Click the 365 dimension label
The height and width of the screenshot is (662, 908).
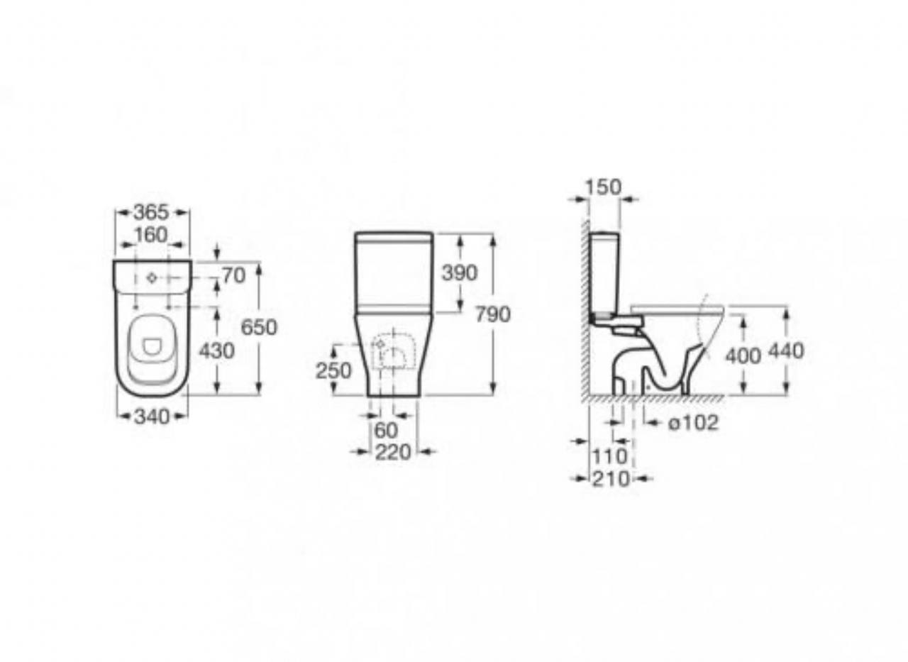(x=151, y=212)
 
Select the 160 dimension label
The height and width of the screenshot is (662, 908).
(x=151, y=235)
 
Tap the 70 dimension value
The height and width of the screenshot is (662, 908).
(x=234, y=276)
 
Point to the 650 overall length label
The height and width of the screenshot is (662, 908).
(x=259, y=327)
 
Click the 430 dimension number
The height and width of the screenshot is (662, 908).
(x=216, y=351)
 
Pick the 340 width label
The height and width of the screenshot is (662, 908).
(x=152, y=416)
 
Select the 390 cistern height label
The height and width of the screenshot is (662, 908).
(x=460, y=273)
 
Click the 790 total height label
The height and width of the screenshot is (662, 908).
(x=492, y=314)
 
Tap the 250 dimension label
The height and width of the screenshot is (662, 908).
(x=333, y=371)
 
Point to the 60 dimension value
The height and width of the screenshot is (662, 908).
(x=387, y=431)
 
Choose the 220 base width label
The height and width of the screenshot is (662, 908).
(x=393, y=453)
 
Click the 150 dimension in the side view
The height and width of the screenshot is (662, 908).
(x=603, y=187)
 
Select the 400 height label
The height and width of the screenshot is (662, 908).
(x=743, y=356)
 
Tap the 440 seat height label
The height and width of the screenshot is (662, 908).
(x=786, y=351)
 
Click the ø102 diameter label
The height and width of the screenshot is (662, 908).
(x=693, y=423)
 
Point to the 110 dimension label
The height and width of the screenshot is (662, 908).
(x=609, y=457)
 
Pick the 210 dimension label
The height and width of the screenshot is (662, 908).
(x=611, y=480)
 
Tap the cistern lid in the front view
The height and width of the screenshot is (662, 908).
(x=394, y=237)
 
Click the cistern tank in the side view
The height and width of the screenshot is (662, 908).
(x=604, y=273)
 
